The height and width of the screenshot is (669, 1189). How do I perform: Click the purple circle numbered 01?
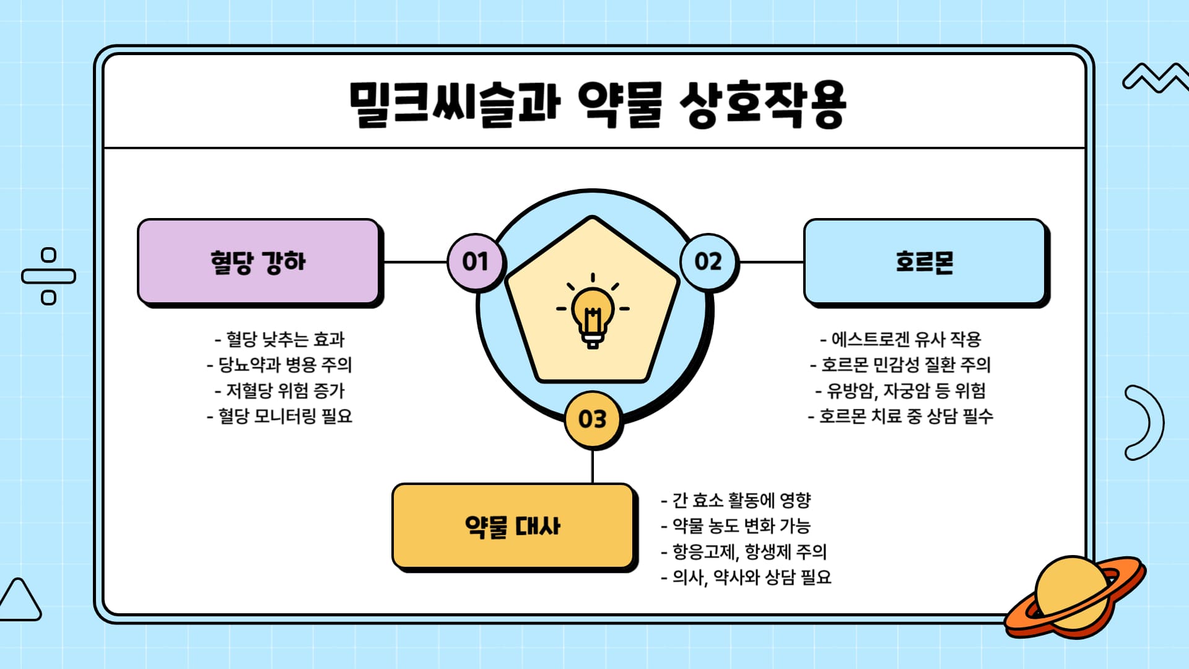coord(475,261)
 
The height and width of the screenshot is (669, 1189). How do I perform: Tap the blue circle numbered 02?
coord(708,261)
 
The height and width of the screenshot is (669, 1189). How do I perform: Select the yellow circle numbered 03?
coord(592,419)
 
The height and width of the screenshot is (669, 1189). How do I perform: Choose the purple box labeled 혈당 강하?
coord(258,261)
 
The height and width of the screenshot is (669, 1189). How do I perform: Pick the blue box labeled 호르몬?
coord(924,261)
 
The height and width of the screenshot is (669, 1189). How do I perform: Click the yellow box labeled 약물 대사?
coord(513,526)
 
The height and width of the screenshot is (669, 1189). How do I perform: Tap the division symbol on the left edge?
coord(48,276)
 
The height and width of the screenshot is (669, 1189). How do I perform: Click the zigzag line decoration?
coord(1154,78)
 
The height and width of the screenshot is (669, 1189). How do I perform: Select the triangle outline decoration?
coord(20,601)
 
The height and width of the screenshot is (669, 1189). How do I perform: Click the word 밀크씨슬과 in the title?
coord(455,104)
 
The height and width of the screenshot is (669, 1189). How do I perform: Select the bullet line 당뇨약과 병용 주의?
coord(280,365)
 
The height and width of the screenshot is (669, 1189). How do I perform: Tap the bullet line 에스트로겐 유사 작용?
coord(901,339)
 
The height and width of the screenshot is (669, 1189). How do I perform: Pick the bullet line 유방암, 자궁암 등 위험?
coord(901,390)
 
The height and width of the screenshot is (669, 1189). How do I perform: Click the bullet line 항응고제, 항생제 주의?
coord(744,551)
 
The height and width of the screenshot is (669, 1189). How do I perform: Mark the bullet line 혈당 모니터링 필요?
coord(280,416)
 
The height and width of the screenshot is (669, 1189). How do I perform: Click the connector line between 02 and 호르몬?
coord(771,262)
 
